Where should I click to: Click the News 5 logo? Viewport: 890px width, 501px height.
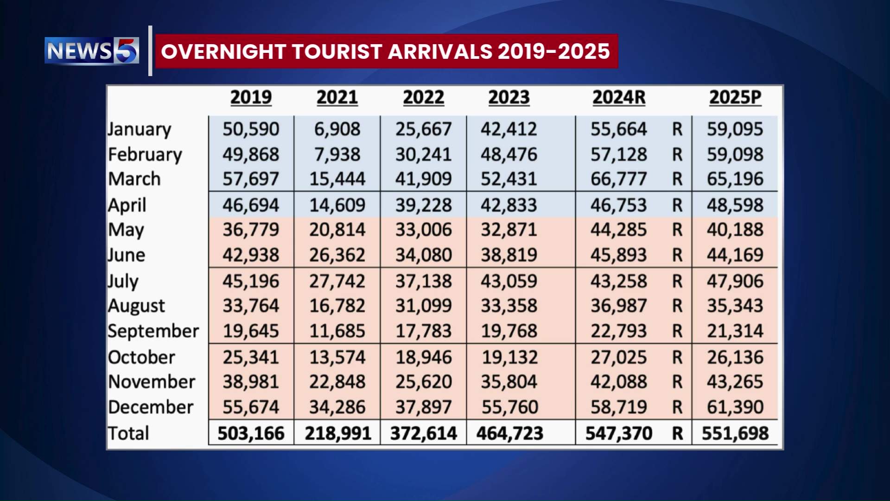tap(92, 51)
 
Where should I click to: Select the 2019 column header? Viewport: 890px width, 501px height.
tap(251, 97)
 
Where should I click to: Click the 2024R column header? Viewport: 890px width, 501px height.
tap(619, 97)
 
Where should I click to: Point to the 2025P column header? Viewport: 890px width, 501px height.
tap(735, 97)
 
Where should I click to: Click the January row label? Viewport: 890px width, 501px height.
tap(140, 129)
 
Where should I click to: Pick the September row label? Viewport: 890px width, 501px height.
tap(153, 331)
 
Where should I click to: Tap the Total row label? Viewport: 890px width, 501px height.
tap(128, 433)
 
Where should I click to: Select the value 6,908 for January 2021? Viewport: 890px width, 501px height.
tap(337, 129)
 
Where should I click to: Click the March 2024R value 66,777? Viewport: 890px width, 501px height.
tap(618, 179)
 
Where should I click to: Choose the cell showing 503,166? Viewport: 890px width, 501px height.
tap(251, 433)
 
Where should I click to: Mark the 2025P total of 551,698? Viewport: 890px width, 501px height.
tap(735, 433)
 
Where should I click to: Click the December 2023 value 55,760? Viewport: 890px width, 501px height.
tap(509, 407)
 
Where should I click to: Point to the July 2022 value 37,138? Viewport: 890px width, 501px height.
tap(423, 281)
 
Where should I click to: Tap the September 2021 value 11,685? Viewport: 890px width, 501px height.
tap(337, 331)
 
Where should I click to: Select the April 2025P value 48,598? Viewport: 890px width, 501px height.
tap(735, 205)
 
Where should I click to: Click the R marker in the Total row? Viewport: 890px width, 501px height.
tap(677, 433)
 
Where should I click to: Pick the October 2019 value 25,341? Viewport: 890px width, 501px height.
tap(251, 357)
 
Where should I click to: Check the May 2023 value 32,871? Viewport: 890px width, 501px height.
tap(509, 230)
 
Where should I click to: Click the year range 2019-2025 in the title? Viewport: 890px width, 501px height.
tap(553, 51)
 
